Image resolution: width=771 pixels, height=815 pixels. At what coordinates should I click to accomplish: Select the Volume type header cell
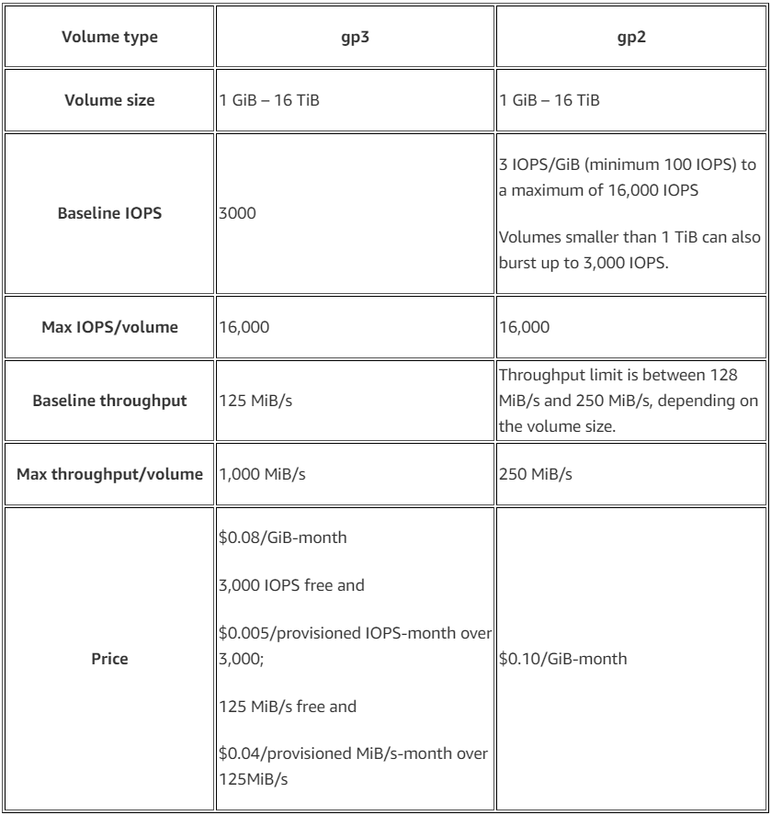click(x=108, y=39)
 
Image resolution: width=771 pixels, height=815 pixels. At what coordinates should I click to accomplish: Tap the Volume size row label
click(x=108, y=100)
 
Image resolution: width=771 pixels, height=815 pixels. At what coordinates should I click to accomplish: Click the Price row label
click(x=108, y=659)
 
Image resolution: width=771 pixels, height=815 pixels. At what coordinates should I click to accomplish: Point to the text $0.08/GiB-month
click(x=282, y=538)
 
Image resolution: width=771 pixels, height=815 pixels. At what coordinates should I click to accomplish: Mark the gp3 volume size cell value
click(x=267, y=100)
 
